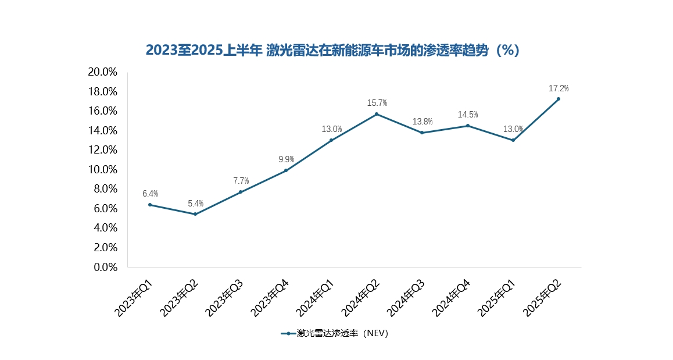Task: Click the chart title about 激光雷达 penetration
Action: coord(332,51)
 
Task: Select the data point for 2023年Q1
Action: coord(150,205)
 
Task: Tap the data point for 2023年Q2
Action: coord(195,214)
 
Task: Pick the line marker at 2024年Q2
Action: coord(377,114)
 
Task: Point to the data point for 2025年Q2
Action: coord(559,99)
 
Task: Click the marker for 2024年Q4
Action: coord(468,126)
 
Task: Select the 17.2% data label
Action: coord(559,88)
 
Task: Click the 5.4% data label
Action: coord(195,204)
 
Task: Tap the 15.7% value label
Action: coord(377,103)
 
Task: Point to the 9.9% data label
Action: coord(286,159)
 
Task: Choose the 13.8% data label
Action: coord(423,122)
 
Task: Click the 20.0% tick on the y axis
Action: coord(102,72)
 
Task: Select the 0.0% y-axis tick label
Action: coord(105,267)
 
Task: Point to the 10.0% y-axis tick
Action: coord(102,169)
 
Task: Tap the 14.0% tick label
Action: coord(102,130)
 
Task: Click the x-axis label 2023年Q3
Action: coord(225,298)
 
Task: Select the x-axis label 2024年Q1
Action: coord(316,298)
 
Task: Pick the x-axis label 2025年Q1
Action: coord(497,298)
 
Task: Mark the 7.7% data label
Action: coord(241,181)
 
